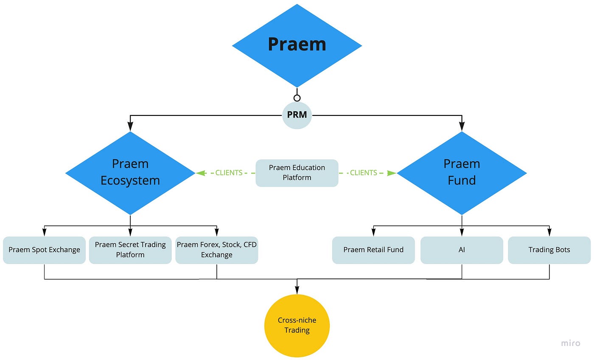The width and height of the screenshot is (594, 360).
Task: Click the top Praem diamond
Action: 297,45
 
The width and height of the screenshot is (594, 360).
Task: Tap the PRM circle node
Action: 297,115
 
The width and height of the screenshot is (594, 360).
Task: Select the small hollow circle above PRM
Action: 297,98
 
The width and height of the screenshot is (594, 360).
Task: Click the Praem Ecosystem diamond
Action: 130,173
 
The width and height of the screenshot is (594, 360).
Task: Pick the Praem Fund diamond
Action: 462,173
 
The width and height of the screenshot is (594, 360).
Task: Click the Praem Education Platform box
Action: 297,173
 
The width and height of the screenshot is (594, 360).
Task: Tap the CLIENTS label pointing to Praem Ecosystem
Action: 229,173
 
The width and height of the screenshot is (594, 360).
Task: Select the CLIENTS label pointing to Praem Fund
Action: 364,173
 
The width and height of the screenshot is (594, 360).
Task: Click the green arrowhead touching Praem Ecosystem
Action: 201,173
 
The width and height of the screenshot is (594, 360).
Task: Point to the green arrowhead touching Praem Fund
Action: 391,173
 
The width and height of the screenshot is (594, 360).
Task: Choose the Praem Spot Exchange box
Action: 44,250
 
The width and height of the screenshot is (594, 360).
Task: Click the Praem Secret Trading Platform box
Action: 130,250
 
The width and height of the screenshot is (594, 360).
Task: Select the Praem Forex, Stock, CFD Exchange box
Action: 217,250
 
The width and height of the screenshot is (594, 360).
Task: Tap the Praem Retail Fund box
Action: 373,250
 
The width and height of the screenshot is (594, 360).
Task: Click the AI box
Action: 462,250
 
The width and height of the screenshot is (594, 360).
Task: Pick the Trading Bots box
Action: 549,250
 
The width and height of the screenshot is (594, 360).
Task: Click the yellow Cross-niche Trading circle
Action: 297,326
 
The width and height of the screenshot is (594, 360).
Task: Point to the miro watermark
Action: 571,343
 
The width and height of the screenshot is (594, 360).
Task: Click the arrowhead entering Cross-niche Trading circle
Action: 297,290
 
